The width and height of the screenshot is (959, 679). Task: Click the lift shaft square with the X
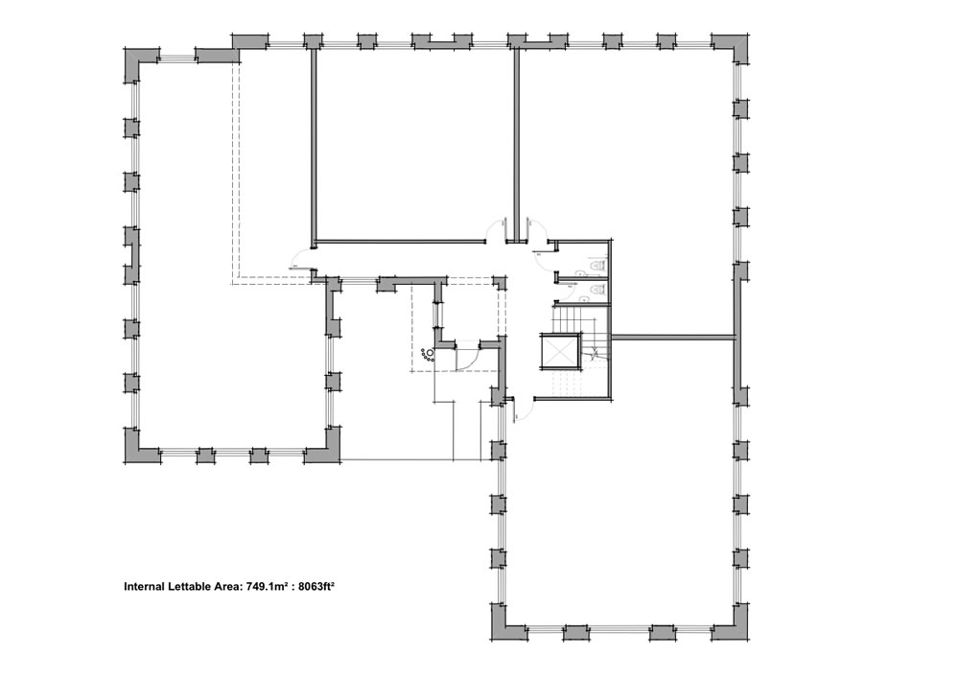coord(559,352)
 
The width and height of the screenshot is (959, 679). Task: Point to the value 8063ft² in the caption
coord(316,586)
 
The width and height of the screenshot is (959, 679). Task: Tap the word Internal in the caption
coord(144,586)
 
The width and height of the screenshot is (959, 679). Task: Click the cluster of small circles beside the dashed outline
coord(428,354)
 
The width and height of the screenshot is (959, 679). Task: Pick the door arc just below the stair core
coord(526,410)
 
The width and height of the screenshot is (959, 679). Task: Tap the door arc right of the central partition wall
coord(536,231)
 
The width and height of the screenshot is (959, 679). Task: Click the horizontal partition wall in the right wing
coord(673,336)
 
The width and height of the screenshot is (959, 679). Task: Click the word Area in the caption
coord(228,586)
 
